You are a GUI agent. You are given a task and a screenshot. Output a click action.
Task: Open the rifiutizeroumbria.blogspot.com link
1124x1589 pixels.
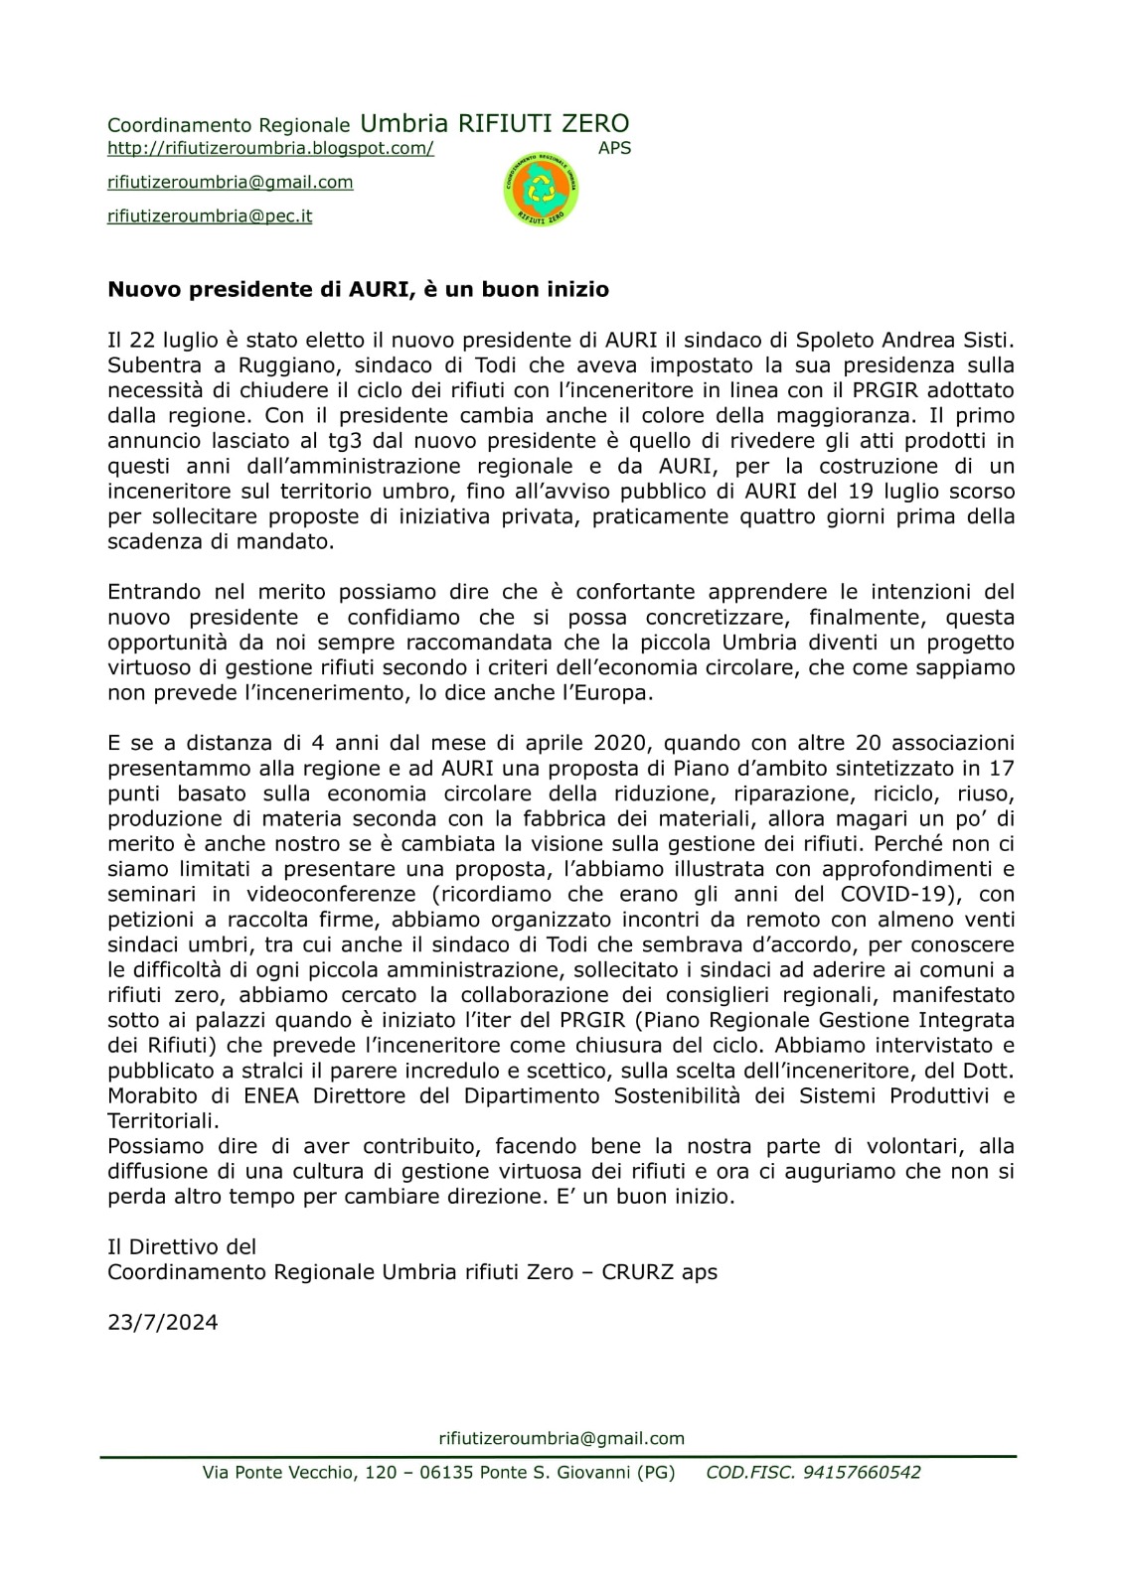[270, 149]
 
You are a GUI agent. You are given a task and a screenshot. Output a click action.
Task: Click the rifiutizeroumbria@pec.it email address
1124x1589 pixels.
[210, 216]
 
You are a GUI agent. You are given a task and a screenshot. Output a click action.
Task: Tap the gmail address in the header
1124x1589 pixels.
[231, 183]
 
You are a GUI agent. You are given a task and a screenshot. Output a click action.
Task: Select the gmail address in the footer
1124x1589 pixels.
[562, 1438]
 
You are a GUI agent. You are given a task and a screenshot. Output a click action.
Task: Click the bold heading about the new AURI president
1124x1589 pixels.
[358, 290]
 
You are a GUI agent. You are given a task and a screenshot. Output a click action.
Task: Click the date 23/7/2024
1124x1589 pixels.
[163, 1323]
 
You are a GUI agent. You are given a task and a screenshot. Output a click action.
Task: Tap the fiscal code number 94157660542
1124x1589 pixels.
[862, 1473]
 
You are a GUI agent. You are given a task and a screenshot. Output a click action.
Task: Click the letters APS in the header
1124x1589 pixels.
[614, 149]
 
